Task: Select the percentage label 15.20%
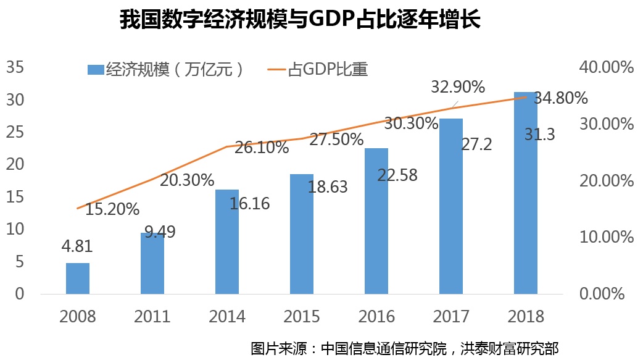(112, 209)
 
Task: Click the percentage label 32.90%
(457, 87)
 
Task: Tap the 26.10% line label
(262, 148)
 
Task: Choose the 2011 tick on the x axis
(152, 317)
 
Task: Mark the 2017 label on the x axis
(451, 317)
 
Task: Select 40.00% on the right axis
(607, 67)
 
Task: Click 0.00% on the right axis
(607, 294)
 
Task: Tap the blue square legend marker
(94, 69)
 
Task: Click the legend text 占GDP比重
(328, 69)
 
